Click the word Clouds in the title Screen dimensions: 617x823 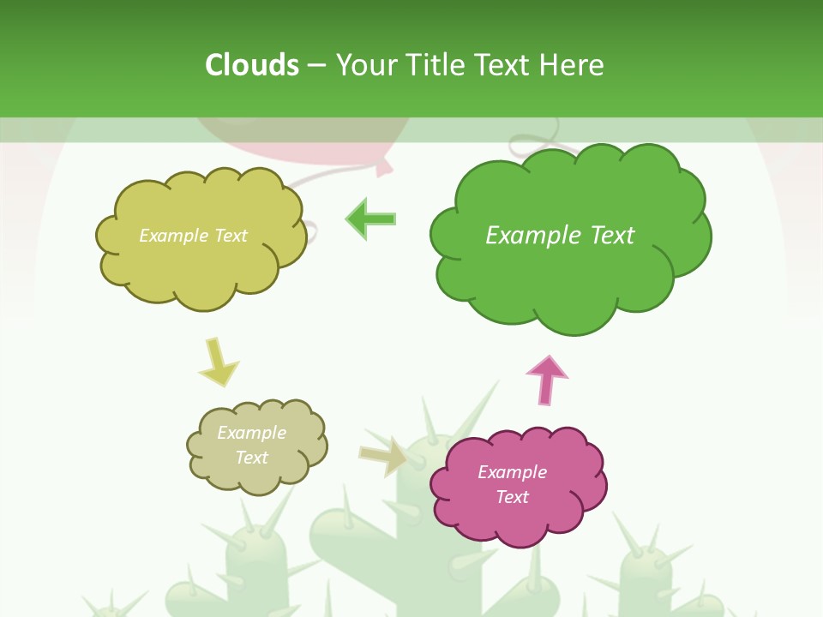[252, 65]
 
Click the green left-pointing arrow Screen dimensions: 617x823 [370, 219]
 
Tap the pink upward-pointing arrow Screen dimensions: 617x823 [547, 380]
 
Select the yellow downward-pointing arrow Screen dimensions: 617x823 [218, 362]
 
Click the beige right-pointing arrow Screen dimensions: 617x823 [383, 457]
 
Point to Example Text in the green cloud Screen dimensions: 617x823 [560, 235]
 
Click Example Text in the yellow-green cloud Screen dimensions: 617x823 [193, 235]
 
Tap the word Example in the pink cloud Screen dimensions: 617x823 [512, 472]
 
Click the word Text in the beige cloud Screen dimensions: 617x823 [251, 458]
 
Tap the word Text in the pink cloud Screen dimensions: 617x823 [512, 497]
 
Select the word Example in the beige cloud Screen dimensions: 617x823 [251, 433]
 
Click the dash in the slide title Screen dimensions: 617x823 [316, 65]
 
